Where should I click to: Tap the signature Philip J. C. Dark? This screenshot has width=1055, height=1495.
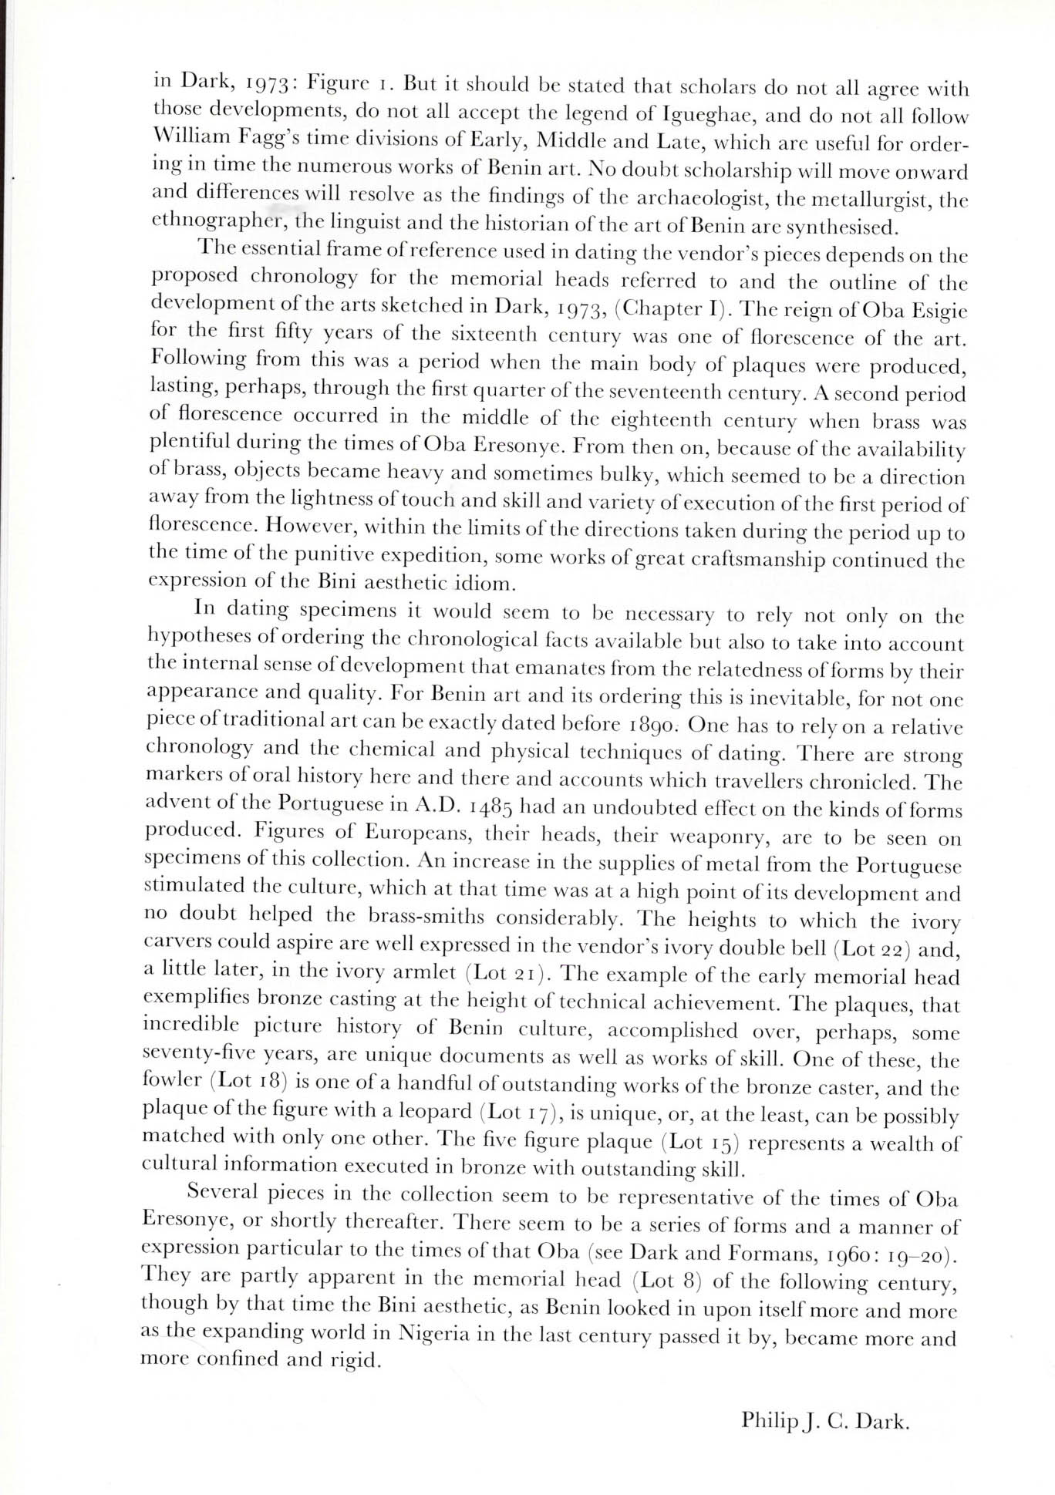pyautogui.click(x=826, y=1421)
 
